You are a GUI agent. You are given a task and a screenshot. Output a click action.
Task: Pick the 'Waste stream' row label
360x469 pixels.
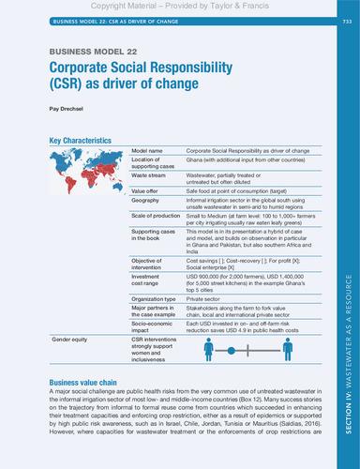[x=150, y=175]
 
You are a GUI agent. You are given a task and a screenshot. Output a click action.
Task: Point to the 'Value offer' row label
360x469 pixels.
[x=148, y=189]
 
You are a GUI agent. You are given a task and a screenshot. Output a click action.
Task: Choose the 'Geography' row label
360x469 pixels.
[x=147, y=200]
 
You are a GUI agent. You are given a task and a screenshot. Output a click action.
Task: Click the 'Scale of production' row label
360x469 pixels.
[x=157, y=216]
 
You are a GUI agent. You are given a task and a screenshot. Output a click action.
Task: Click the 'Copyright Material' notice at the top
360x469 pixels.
[x=179, y=6]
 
